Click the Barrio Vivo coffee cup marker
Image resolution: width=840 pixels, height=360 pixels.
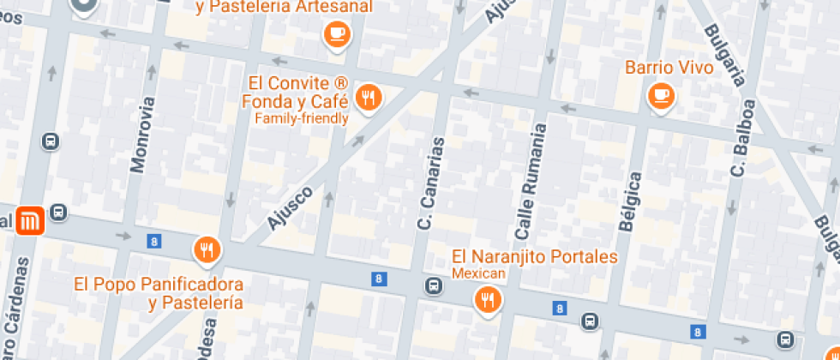pyautogui.click(x=661, y=95)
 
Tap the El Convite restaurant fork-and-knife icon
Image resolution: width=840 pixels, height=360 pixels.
pyautogui.click(x=369, y=98)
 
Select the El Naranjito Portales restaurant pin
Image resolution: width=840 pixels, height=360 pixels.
pyautogui.click(x=488, y=299)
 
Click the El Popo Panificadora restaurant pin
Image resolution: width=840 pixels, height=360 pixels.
pyautogui.click(x=207, y=249)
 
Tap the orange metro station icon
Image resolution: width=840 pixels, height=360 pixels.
pyautogui.click(x=29, y=221)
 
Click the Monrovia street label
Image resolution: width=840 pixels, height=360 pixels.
pyautogui.click(x=143, y=135)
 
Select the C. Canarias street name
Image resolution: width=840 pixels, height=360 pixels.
pyautogui.click(x=430, y=183)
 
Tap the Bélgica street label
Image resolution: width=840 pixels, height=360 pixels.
pyautogui.click(x=630, y=202)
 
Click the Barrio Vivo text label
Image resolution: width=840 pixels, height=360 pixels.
pyautogui.click(x=669, y=67)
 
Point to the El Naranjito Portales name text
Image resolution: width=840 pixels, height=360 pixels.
pyautogui.click(x=534, y=257)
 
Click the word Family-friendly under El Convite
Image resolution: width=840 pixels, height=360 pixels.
pyautogui.click(x=302, y=119)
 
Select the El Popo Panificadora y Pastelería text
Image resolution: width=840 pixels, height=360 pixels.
pyautogui.click(x=159, y=293)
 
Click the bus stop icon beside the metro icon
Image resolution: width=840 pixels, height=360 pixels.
pyautogui.click(x=58, y=213)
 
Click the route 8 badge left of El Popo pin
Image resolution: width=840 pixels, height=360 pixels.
pyautogui.click(x=153, y=242)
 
